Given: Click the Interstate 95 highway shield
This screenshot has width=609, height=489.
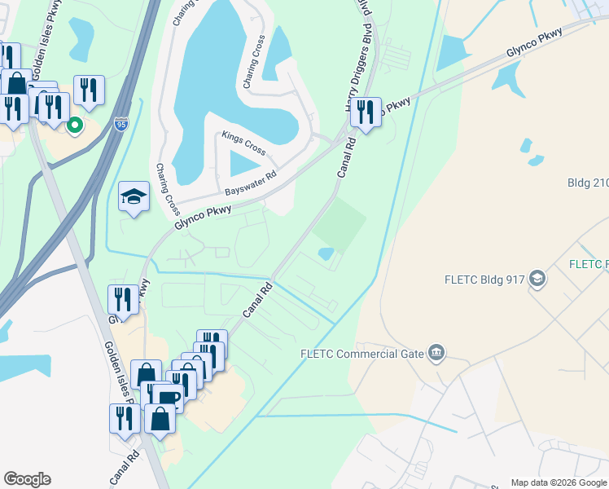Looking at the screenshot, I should (121, 124).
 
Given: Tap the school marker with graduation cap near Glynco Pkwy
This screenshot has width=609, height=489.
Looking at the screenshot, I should (134, 196).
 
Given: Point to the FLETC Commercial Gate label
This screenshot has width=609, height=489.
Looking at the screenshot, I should (362, 353).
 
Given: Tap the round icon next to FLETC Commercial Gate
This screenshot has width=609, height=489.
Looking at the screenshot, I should (436, 352).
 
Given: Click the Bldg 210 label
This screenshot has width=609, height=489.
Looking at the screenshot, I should (588, 183).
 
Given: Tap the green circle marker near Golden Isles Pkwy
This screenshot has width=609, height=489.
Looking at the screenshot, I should (74, 125).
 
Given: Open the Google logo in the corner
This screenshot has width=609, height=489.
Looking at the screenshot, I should (27, 479).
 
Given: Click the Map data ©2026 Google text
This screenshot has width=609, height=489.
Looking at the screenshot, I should (558, 482).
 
